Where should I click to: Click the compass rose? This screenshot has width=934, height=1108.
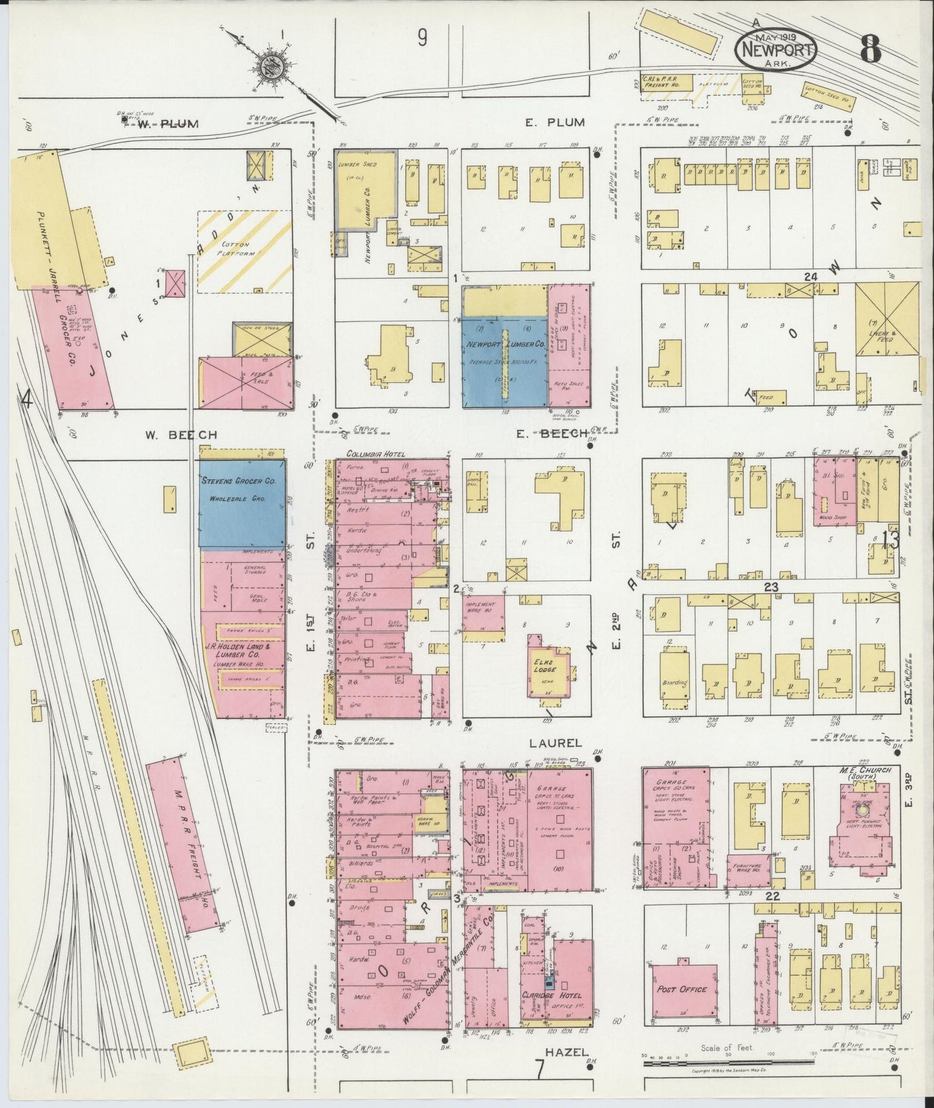[x=268, y=65]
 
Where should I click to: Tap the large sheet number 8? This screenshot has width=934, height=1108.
[x=870, y=48]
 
